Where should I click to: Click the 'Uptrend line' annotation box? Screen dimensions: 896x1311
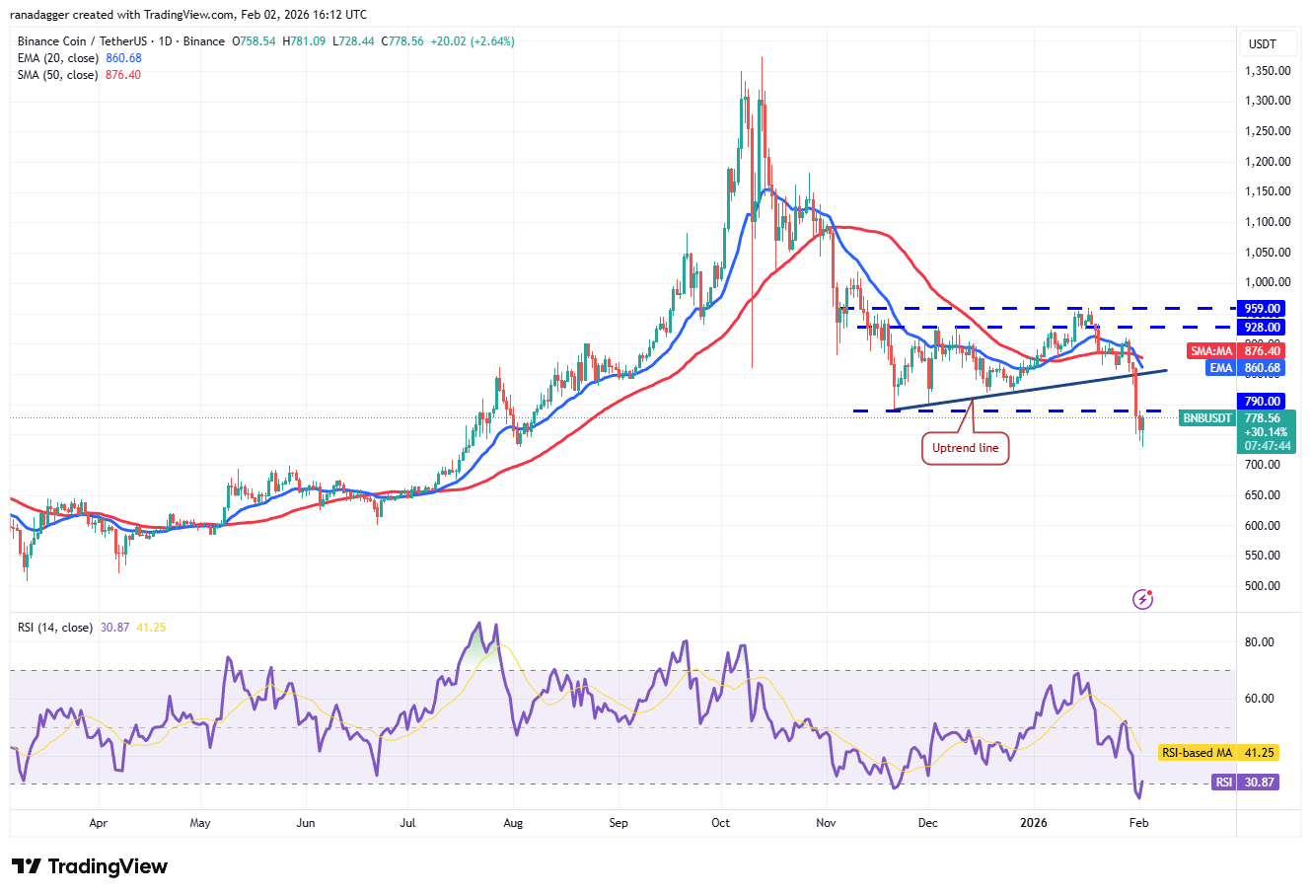click(965, 448)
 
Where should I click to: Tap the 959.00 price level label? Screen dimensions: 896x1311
click(1262, 309)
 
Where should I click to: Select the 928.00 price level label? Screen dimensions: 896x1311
click(1262, 328)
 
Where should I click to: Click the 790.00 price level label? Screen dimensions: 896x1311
click(1262, 402)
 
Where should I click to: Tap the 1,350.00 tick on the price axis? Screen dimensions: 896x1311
click(1268, 71)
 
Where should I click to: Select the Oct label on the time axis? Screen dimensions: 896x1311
click(721, 822)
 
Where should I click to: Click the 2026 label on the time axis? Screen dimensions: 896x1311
click(1033, 822)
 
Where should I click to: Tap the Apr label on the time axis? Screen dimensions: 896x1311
click(98, 822)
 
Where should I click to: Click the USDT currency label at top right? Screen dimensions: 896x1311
click(1263, 43)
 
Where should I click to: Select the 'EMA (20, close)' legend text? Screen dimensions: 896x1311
click(58, 58)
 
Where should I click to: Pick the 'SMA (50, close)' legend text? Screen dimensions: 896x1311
click(57, 75)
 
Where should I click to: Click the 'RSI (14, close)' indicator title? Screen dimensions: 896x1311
click(55, 628)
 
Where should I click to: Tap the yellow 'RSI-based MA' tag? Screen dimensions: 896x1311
click(1197, 753)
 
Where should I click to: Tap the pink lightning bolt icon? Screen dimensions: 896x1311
click(1142, 599)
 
